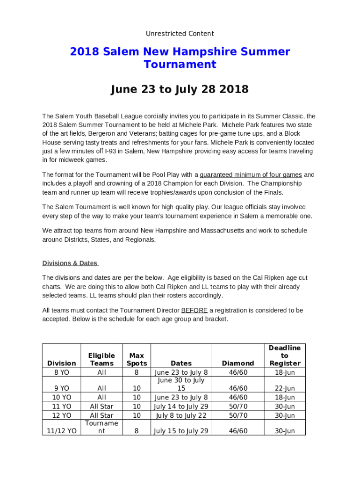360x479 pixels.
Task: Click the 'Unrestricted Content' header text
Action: pyautogui.click(x=180, y=34)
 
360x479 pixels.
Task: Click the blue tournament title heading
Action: pyautogui.click(x=180, y=58)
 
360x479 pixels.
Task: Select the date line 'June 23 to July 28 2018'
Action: pyautogui.click(x=180, y=89)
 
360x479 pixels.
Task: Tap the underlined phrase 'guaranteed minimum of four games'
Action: pyautogui.click(x=251, y=175)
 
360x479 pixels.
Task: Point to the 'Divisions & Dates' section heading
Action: pyautogui.click(x=70, y=263)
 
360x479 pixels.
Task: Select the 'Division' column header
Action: pyautogui.click(x=62, y=363)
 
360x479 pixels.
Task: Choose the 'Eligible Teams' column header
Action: pyautogui.click(x=101, y=359)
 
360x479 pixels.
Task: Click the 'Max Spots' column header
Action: pyautogui.click(x=137, y=359)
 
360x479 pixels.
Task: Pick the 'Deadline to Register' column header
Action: pyautogui.click(x=284, y=356)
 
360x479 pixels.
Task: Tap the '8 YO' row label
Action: pyautogui.click(x=62, y=373)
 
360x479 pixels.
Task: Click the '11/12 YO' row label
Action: pyautogui.click(x=62, y=431)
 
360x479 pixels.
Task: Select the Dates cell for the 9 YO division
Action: pyautogui.click(x=181, y=385)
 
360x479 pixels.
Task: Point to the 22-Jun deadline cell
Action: pyautogui.click(x=284, y=389)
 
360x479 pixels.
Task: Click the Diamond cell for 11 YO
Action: pyautogui.click(x=238, y=406)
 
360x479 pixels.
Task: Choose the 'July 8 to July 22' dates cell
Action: pyautogui.click(x=181, y=415)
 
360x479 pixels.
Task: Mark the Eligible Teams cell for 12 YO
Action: pyautogui.click(x=101, y=415)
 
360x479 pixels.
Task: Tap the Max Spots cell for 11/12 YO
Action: pyautogui.click(x=137, y=431)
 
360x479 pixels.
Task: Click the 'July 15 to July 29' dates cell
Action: pyautogui.click(x=181, y=431)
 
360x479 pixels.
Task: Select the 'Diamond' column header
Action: pyautogui.click(x=238, y=363)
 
